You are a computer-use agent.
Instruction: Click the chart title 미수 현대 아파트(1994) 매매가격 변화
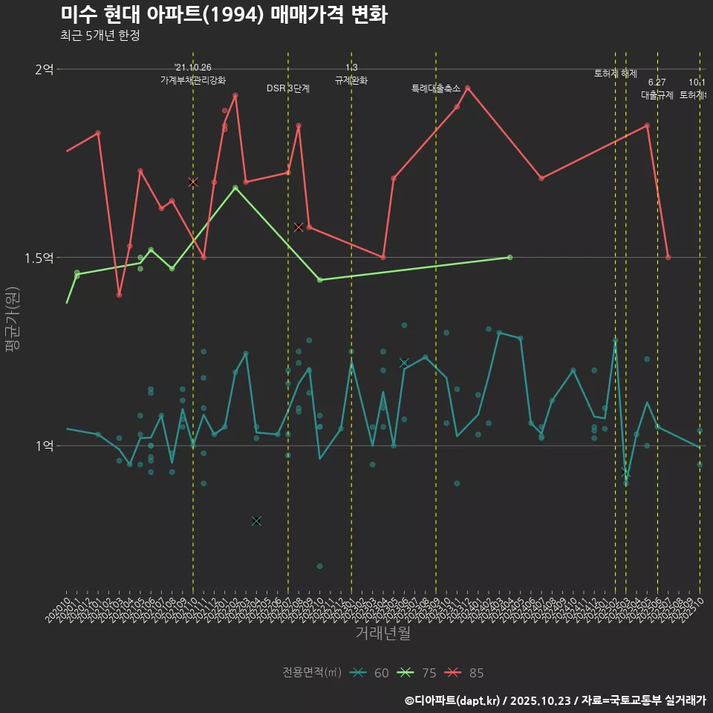tap(223, 15)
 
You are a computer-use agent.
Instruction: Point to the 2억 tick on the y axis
tap(44, 69)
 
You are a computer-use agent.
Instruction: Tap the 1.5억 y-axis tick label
tap(39, 258)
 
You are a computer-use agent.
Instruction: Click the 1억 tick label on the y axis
tap(44, 446)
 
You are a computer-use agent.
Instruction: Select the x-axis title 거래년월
tap(382, 634)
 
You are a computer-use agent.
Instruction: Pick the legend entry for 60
tap(371, 673)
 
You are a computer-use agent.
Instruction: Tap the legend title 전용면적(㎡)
tap(312, 673)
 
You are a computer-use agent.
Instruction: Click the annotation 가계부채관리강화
tap(193, 79)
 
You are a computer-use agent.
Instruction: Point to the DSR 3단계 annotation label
tap(288, 88)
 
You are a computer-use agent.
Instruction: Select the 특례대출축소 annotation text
tap(436, 88)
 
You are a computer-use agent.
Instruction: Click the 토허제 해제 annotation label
tap(616, 74)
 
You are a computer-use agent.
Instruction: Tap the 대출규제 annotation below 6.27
tap(657, 95)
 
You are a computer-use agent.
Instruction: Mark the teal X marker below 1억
tap(256, 521)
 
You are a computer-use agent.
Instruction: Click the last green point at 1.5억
tap(509, 257)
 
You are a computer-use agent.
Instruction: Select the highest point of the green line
tap(235, 187)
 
